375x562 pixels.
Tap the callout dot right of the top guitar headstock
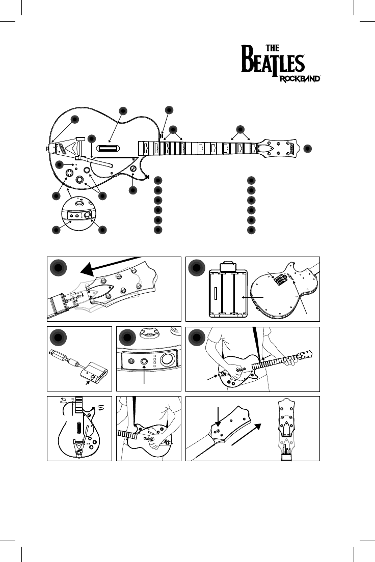tap(307, 148)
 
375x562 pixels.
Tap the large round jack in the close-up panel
tap(168, 360)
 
